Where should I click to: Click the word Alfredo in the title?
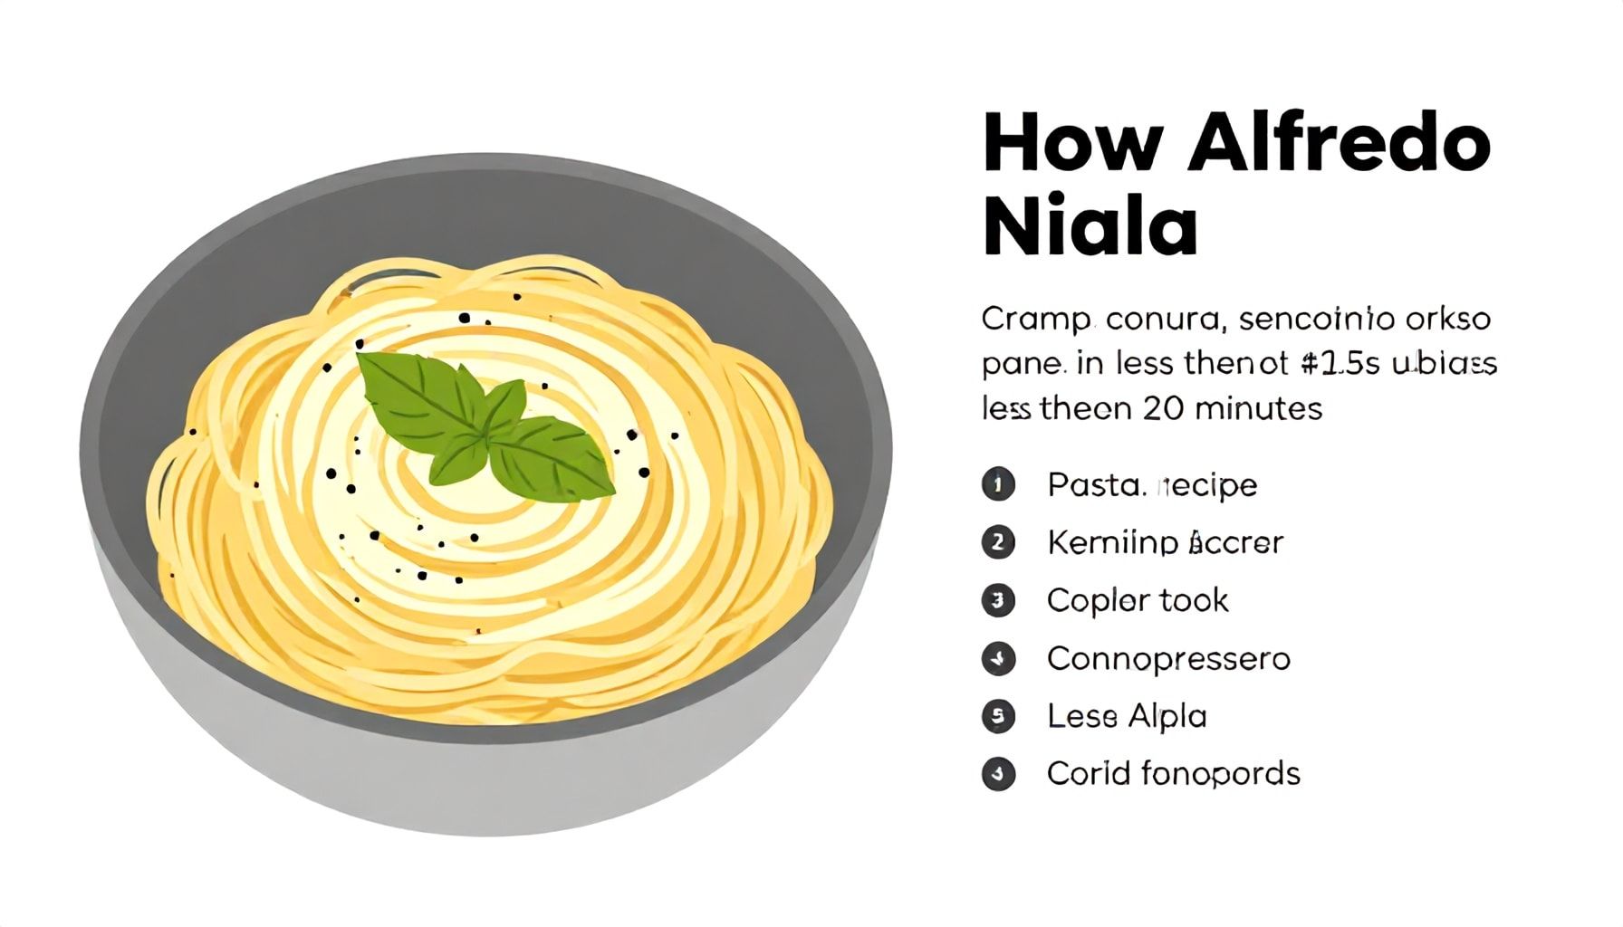[1339, 143]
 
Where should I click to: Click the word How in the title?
[1072, 143]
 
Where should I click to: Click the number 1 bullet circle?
[998, 484]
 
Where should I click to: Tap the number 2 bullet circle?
[998, 542]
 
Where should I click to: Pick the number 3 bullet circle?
[998, 600]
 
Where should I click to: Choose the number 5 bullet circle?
[998, 716]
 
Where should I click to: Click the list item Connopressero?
[1168, 658]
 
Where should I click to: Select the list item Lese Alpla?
[1127, 716]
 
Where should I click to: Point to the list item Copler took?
[1138, 600]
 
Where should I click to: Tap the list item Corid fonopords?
[1173, 774]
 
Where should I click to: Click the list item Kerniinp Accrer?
[1165, 542]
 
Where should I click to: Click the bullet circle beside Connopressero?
[998, 658]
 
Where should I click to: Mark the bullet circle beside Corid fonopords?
[998, 774]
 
